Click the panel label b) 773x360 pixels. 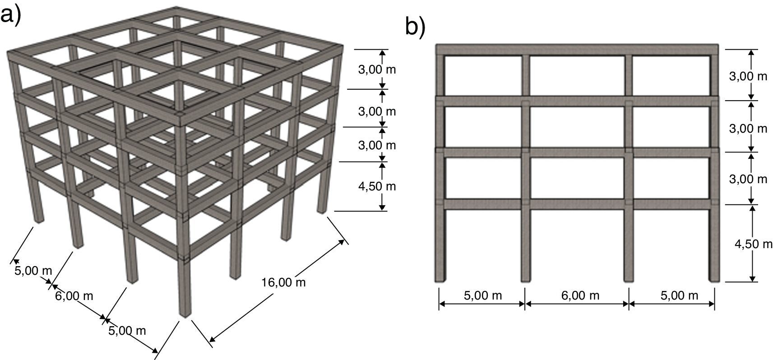pyautogui.click(x=415, y=27)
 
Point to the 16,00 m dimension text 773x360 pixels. pyautogui.click(x=283, y=282)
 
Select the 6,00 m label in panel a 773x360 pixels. pyautogui.click(x=74, y=296)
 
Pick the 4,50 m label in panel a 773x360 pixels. pyautogui.click(x=377, y=186)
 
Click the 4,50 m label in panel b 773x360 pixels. pyautogui.click(x=753, y=244)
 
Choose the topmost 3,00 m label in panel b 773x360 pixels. pyautogui.click(x=748, y=76)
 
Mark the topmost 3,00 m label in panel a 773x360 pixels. pyautogui.click(x=377, y=70)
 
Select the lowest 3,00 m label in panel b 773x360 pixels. pyautogui.click(x=748, y=179)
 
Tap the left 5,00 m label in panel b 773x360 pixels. pyautogui.click(x=482, y=295)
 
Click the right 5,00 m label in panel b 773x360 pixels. pyautogui.click(x=679, y=295)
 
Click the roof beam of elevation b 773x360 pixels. pyautogui.click(x=576, y=50)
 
